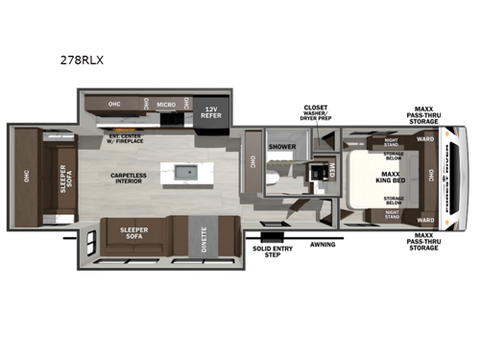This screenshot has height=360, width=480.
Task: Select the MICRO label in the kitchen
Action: point(166,102)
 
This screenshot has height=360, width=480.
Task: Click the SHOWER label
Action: point(282,147)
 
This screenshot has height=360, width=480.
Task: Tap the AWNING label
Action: point(323,244)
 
